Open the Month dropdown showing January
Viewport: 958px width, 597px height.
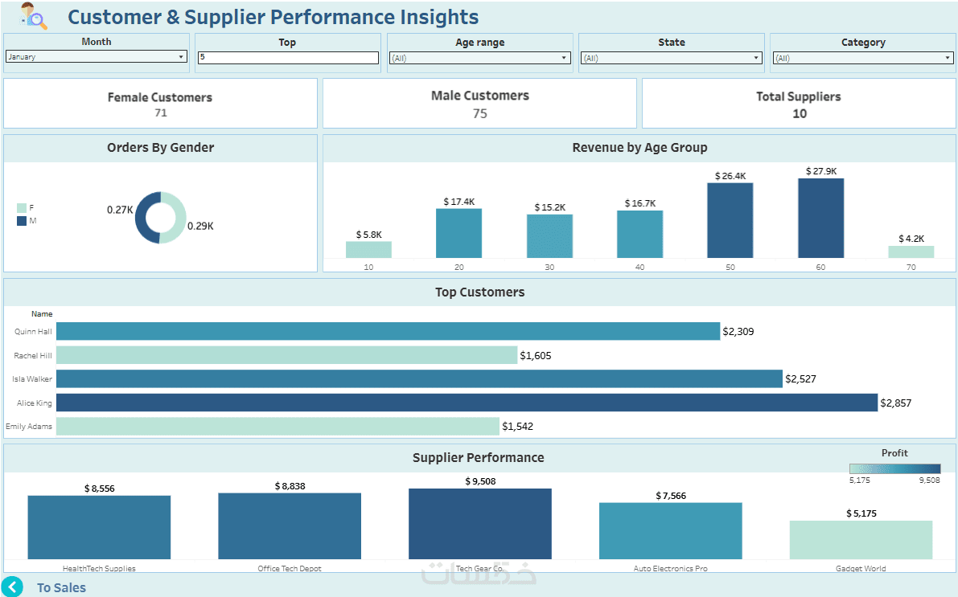(96, 57)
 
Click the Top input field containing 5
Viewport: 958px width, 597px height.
(287, 58)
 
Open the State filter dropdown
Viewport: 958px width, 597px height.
(671, 58)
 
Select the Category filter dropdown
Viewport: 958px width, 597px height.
(862, 58)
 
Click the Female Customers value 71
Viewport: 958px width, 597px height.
(161, 113)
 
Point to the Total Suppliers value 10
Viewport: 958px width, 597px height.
(800, 114)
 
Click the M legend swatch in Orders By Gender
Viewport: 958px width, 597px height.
(22, 221)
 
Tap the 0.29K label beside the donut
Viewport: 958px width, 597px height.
(200, 227)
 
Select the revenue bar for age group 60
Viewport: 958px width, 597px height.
(820, 218)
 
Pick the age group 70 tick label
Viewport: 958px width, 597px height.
(911, 267)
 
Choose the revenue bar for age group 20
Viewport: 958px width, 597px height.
(458, 233)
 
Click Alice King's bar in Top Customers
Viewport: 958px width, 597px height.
(467, 403)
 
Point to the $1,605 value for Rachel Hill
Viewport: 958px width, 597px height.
(536, 355)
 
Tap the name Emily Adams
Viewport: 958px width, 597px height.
(29, 427)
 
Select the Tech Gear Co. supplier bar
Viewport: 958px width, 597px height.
(479, 524)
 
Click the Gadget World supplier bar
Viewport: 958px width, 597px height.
(861, 540)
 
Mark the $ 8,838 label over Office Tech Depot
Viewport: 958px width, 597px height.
(290, 486)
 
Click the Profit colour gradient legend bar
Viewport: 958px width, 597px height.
(894, 469)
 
